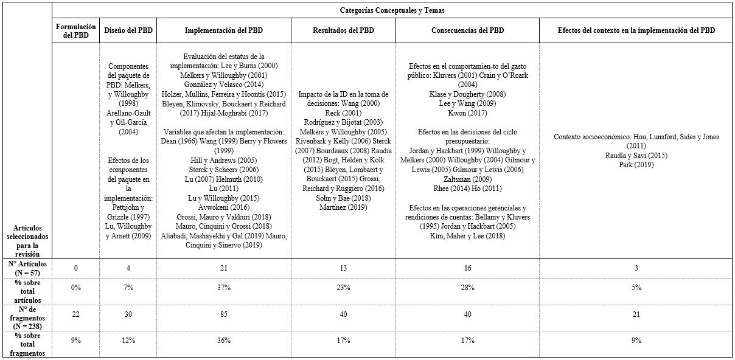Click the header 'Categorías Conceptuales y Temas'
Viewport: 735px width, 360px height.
(x=392, y=10)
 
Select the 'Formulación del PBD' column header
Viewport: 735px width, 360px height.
(x=76, y=30)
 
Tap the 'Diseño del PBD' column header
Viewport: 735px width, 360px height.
(x=128, y=30)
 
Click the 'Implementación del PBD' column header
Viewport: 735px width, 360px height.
(x=223, y=30)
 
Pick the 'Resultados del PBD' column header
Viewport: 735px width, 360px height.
(x=343, y=30)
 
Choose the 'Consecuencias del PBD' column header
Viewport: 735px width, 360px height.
(x=467, y=30)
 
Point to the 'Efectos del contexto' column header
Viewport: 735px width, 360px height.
(x=636, y=30)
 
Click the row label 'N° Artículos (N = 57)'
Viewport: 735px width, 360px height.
(x=26, y=268)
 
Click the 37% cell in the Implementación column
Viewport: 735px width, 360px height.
(x=223, y=287)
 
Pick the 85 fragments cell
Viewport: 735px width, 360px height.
(x=223, y=314)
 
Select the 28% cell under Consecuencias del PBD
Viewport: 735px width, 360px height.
(x=467, y=287)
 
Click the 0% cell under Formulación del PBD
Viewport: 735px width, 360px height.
(x=76, y=287)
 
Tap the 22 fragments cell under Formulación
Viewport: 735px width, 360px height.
(x=76, y=314)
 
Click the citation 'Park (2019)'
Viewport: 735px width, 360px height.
(x=636, y=164)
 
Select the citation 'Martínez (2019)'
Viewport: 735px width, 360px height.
(x=343, y=207)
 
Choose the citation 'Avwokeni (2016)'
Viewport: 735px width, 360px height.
(x=223, y=207)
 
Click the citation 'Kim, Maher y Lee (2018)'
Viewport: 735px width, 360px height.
(x=467, y=235)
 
